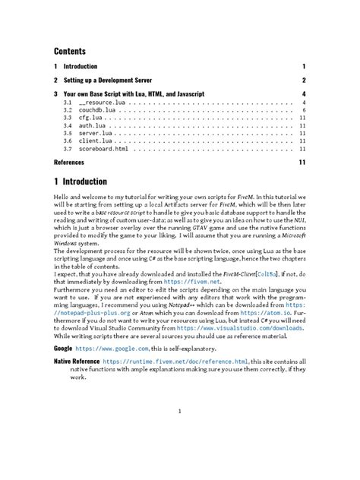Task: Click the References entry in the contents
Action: [69, 162]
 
